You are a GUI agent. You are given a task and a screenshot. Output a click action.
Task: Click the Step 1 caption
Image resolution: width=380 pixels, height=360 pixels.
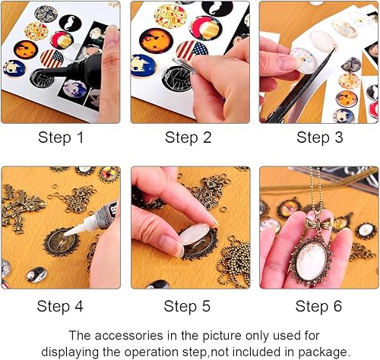[61, 137]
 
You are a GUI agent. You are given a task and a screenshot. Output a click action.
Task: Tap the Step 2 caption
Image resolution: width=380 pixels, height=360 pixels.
[188, 137]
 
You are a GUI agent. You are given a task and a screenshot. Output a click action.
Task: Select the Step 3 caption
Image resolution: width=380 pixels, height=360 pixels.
[320, 137]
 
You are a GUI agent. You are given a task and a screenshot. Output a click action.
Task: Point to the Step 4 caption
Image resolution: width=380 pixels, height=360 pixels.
[60, 306]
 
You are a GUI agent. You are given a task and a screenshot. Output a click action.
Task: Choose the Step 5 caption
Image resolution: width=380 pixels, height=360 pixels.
[187, 306]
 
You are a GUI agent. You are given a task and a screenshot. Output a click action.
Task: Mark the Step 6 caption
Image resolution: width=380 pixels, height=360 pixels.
[318, 306]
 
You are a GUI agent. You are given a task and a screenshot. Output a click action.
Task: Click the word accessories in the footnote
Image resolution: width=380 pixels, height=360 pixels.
[128, 336]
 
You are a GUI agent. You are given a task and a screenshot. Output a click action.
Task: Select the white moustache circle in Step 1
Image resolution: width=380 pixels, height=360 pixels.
[70, 23]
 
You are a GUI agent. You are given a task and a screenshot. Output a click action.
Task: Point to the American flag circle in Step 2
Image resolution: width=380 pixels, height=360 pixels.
[192, 51]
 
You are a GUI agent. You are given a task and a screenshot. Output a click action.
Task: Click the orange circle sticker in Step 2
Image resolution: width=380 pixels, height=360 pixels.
[156, 40]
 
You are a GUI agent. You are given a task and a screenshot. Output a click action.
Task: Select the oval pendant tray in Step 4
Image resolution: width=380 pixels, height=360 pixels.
[62, 242]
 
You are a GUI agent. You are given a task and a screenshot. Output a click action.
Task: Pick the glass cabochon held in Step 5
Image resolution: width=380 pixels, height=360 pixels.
[194, 234]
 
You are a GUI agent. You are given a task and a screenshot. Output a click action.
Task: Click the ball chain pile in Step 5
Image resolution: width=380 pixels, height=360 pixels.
[234, 264]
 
